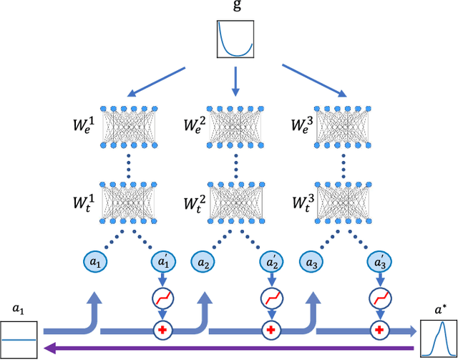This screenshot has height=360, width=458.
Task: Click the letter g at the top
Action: (x=235, y=9)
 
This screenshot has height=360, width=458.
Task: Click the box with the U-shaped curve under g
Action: (x=235, y=39)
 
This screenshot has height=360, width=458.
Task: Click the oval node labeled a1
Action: (x=97, y=262)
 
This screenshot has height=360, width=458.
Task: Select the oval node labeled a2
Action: (x=204, y=262)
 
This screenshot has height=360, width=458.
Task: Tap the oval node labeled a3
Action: (x=311, y=262)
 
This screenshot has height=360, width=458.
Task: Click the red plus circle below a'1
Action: (x=162, y=330)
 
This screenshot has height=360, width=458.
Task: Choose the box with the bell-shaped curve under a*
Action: (x=439, y=339)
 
